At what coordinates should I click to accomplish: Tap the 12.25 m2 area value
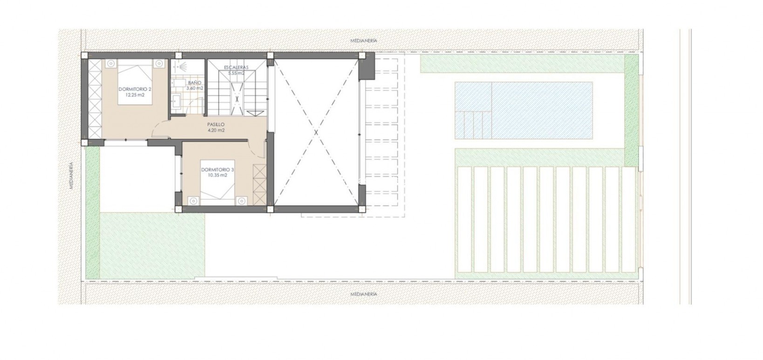tap(135, 95)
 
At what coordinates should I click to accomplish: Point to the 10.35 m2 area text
tap(218, 176)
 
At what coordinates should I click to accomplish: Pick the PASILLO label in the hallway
tap(216, 124)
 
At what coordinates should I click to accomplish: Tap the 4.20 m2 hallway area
tap(216, 130)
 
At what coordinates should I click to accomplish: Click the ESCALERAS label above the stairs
tap(236, 68)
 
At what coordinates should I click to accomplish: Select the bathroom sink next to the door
tap(177, 99)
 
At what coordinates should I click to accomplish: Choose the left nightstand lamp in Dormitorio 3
tap(193, 201)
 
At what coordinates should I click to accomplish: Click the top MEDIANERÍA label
tap(364, 41)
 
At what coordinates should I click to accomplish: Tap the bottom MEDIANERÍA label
tap(364, 294)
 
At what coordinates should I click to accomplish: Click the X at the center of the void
tap(316, 133)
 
